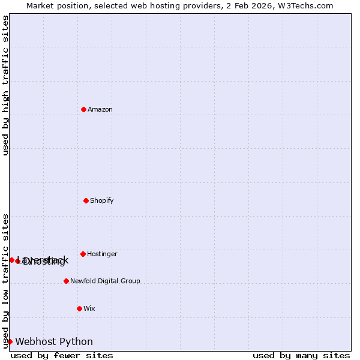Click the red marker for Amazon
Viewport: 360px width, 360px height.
[83, 109]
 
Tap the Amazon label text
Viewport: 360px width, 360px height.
[100, 110]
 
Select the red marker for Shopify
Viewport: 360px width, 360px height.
[86, 200]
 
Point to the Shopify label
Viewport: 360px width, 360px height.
[101, 201]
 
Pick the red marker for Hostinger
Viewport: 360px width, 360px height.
[83, 254]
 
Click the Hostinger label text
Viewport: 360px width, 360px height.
[102, 254]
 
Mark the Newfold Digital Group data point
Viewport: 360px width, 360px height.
[66, 281]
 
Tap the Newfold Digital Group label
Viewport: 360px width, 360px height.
[105, 281]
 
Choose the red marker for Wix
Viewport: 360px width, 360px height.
[79, 308]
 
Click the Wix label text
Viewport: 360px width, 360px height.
[89, 309]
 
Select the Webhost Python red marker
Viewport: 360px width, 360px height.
[10, 341]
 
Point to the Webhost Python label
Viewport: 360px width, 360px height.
[54, 342]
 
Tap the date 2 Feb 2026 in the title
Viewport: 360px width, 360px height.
[248, 5]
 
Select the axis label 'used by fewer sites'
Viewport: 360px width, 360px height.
[62, 355]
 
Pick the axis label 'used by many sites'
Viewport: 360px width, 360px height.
[301, 355]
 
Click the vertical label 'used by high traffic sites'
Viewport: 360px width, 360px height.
[5, 85]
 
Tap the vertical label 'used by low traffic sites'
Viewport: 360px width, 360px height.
[5, 280]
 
